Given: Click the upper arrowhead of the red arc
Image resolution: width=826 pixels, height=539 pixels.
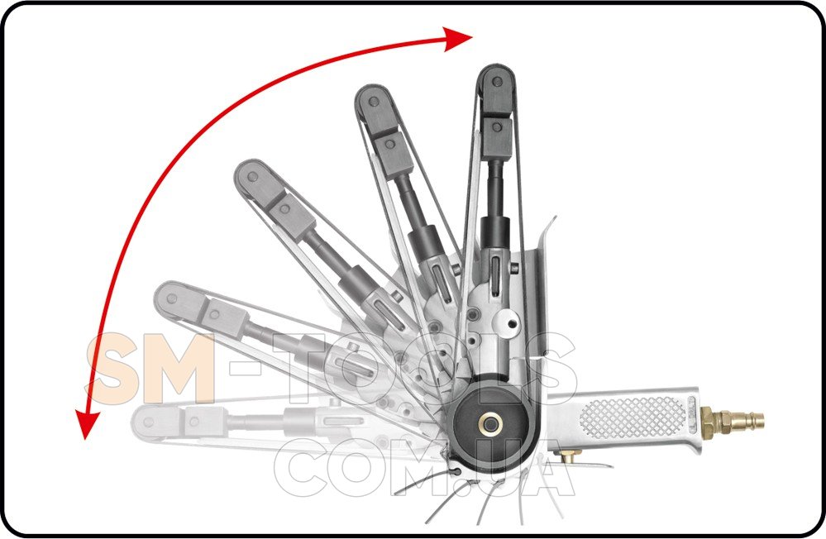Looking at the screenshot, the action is click(x=457, y=39).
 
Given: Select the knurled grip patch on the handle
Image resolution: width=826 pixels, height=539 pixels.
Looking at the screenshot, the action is click(x=633, y=417).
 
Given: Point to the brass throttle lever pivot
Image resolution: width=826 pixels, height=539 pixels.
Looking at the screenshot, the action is click(x=569, y=456).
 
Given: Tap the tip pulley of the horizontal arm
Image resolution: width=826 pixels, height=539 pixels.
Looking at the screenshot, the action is click(x=148, y=422).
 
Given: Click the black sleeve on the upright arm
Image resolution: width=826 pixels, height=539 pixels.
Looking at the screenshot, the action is click(x=495, y=231).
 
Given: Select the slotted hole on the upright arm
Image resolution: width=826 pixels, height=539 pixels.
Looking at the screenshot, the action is click(x=495, y=272).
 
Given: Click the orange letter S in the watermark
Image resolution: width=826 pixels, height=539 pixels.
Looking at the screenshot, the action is click(x=114, y=369).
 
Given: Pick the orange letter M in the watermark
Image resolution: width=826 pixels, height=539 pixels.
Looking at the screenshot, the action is click(x=179, y=369).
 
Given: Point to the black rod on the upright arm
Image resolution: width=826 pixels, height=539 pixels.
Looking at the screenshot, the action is click(x=494, y=187).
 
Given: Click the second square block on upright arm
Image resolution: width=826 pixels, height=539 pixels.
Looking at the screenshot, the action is click(x=497, y=138).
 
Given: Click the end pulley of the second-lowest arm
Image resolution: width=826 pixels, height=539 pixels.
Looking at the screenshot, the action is click(x=170, y=298).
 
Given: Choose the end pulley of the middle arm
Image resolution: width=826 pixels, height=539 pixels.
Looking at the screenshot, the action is click(x=252, y=177).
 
